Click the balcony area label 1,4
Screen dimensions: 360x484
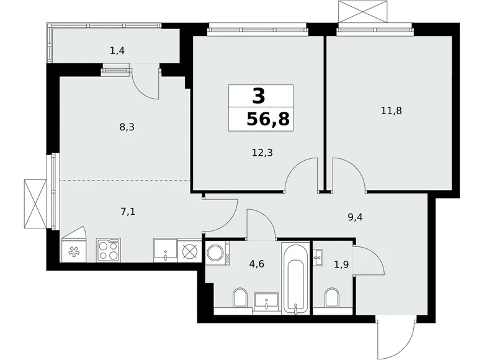[x=117, y=51]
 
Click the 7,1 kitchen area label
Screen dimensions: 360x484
[x=129, y=212]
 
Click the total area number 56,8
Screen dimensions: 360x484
[x=268, y=119]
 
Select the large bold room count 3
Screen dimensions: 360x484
[x=259, y=96]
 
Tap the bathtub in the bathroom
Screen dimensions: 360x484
[x=294, y=279]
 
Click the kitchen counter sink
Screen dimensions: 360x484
[x=165, y=250]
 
